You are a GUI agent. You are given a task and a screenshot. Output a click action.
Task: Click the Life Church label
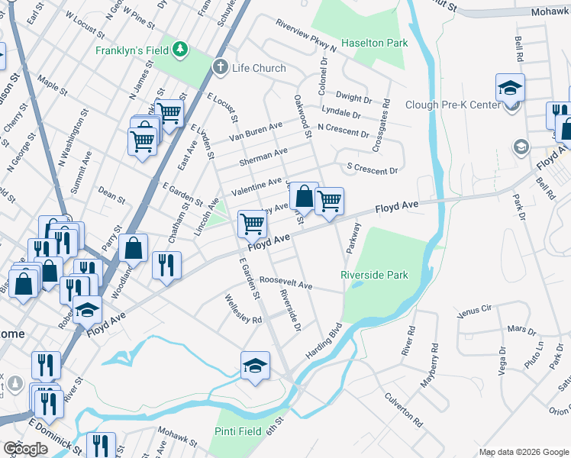(259, 68)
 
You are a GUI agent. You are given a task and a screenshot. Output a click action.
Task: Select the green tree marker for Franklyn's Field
(179, 50)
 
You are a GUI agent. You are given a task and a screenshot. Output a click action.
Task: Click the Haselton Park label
(375, 44)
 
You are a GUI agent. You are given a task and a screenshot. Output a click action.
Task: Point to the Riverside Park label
(374, 275)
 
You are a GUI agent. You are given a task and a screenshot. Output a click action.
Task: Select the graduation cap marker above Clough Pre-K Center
(510, 88)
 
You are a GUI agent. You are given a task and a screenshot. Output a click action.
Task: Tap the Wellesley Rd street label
(243, 308)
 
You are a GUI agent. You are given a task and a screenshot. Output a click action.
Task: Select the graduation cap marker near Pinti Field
(255, 364)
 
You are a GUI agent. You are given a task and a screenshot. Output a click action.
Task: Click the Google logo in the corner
(26, 449)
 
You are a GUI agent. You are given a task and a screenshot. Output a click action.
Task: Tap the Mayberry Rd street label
(431, 366)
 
